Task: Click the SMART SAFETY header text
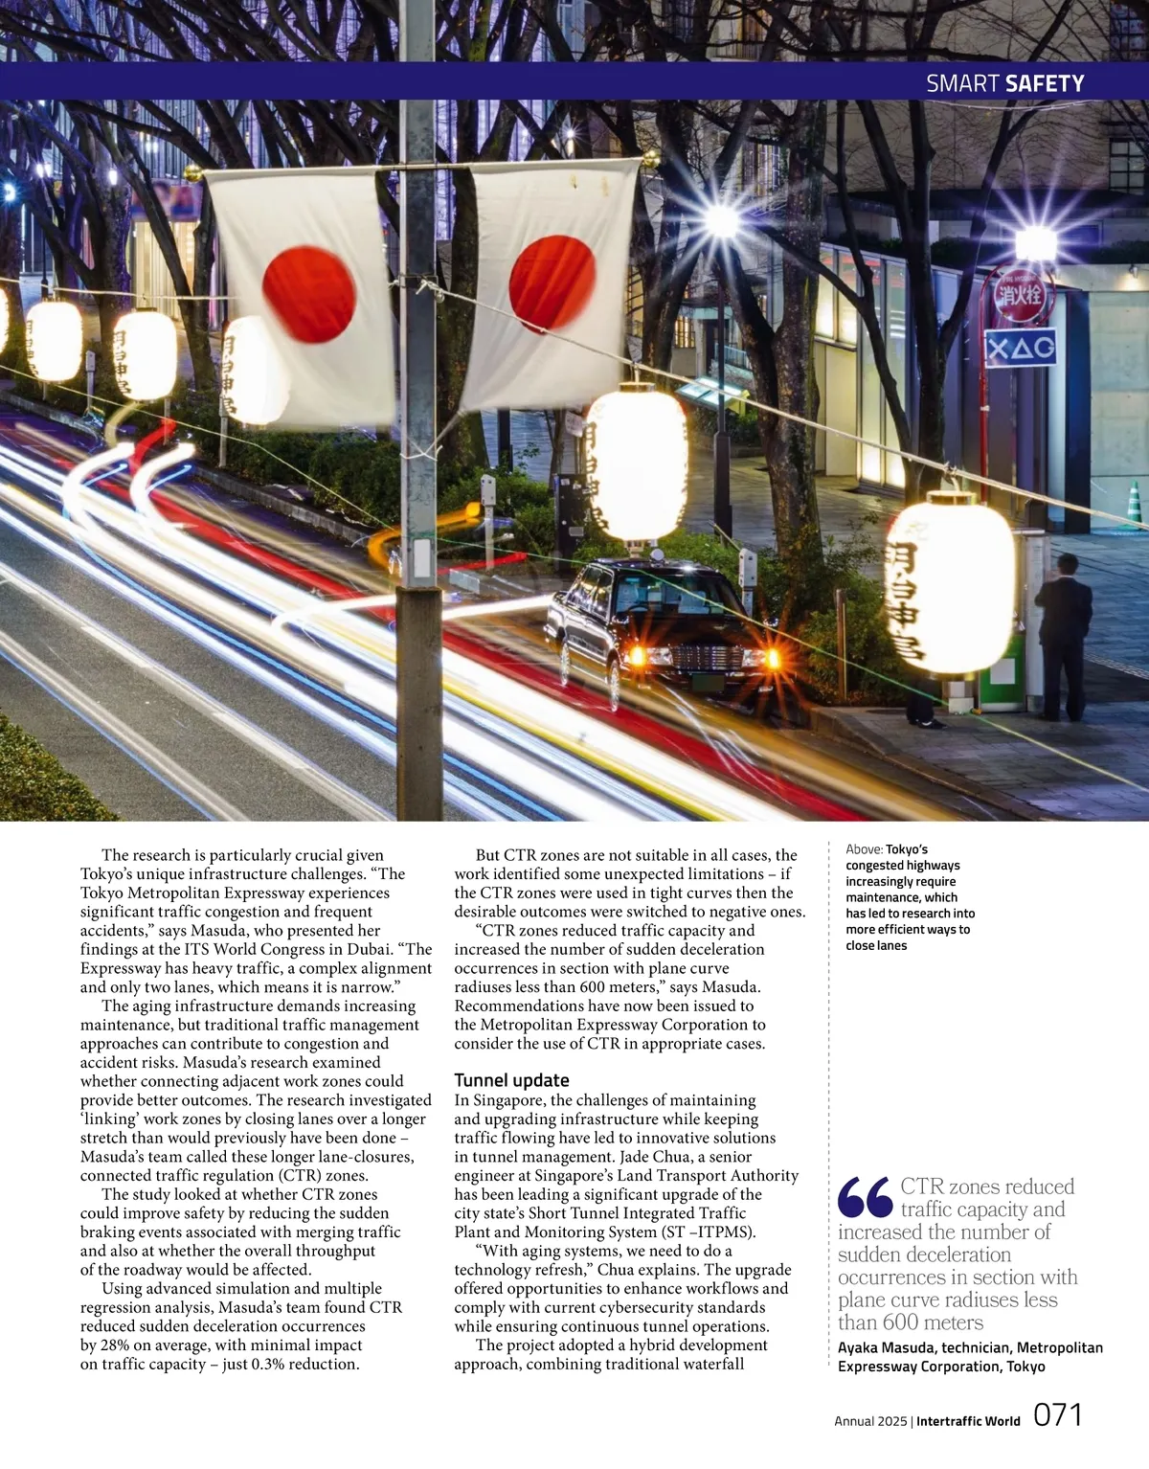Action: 1004,84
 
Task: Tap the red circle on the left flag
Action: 308,294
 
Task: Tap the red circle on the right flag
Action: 552,284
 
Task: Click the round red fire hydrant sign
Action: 1023,294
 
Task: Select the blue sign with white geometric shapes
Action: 1021,348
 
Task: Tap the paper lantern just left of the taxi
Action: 637,464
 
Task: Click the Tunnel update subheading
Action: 511,1080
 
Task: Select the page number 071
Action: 1058,1415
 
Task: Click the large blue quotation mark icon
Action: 865,1198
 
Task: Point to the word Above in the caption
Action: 864,849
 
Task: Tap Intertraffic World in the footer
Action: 968,1421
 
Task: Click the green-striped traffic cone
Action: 1136,504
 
